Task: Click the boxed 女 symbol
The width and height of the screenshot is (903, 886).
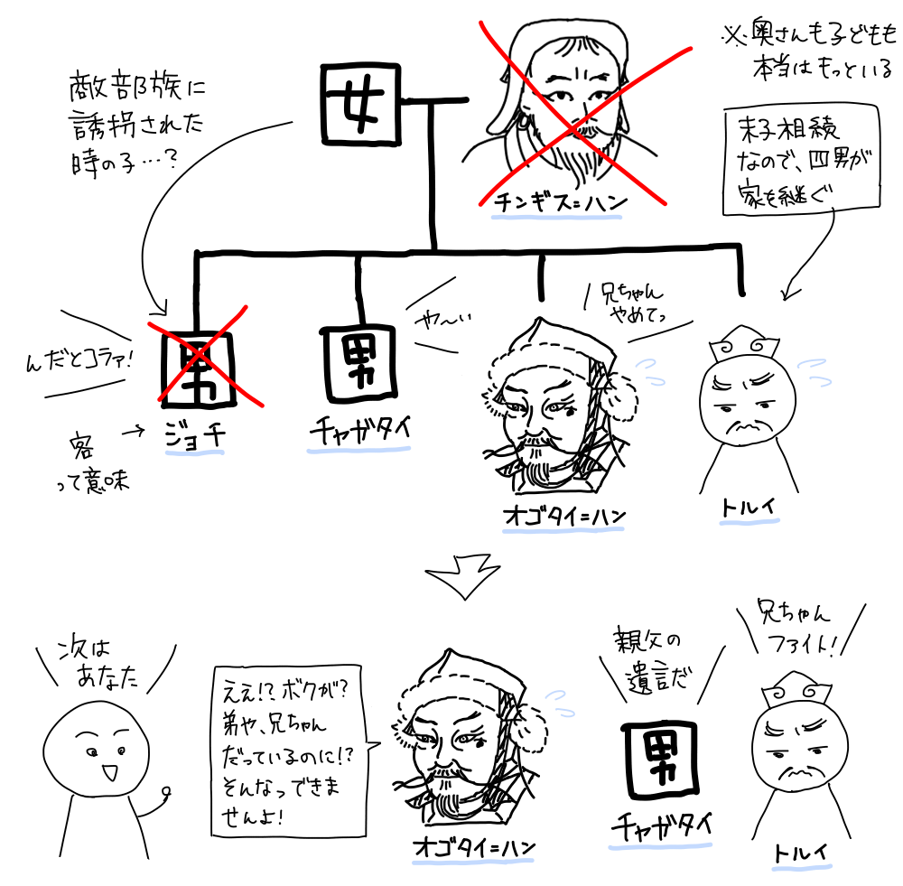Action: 360,104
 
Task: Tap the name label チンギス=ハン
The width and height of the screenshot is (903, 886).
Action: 559,203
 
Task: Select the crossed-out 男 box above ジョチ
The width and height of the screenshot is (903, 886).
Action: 198,368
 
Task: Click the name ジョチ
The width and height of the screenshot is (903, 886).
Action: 195,436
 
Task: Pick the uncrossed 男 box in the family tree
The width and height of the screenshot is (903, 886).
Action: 359,363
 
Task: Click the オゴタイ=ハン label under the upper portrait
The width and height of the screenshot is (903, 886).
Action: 564,516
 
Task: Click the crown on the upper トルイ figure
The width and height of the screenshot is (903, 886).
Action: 744,344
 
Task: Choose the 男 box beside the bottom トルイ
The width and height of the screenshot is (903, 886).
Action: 660,760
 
